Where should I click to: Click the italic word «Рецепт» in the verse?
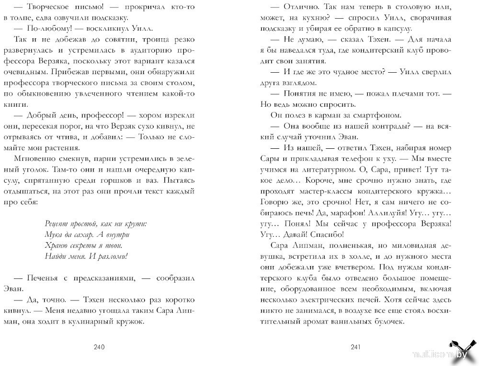[x=56, y=223]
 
